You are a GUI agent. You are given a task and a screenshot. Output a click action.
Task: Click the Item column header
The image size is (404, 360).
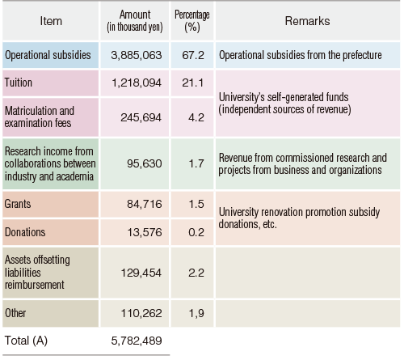click(51, 21)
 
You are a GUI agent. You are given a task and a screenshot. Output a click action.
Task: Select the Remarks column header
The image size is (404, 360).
click(307, 21)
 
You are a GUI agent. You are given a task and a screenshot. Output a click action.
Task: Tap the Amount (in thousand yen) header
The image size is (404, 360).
click(135, 21)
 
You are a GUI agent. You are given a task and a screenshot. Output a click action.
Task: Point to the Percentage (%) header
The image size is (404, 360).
click(192, 21)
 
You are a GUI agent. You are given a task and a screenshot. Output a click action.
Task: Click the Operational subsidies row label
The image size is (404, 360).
click(48, 55)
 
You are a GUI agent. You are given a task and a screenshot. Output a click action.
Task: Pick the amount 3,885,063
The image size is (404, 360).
click(137, 55)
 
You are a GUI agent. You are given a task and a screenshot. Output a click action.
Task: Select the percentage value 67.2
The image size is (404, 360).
click(193, 55)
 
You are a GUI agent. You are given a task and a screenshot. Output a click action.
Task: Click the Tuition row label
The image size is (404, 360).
click(19, 83)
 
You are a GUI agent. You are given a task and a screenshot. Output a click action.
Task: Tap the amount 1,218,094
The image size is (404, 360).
click(137, 83)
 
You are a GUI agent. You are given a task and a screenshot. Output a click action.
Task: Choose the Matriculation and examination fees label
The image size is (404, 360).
click(40, 117)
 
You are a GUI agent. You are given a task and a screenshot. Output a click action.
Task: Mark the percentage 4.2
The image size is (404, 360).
click(196, 117)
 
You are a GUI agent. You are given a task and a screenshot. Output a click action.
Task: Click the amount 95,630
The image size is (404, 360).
click(145, 163)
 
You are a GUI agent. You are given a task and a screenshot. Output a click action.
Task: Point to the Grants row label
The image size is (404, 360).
click(18, 204)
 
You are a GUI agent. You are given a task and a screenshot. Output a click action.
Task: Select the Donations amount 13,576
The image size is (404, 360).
click(145, 232)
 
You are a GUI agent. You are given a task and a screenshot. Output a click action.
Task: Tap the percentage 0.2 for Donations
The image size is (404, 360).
click(196, 232)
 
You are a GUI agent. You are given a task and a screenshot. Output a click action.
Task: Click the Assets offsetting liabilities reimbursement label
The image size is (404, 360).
click(37, 273)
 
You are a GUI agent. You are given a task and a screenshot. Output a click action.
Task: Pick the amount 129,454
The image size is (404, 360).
click(141, 273)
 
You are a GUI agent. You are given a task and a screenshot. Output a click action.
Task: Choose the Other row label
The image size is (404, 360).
click(15, 313)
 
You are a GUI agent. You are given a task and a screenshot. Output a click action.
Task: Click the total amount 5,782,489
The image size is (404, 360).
click(137, 341)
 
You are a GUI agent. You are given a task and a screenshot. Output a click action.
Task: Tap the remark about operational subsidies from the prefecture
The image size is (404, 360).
click(301, 55)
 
